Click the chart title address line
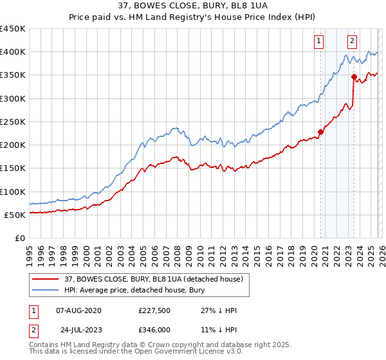click(x=192, y=7)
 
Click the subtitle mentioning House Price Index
click(x=192, y=18)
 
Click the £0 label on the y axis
click(x=19, y=238)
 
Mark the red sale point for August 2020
click(x=320, y=132)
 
